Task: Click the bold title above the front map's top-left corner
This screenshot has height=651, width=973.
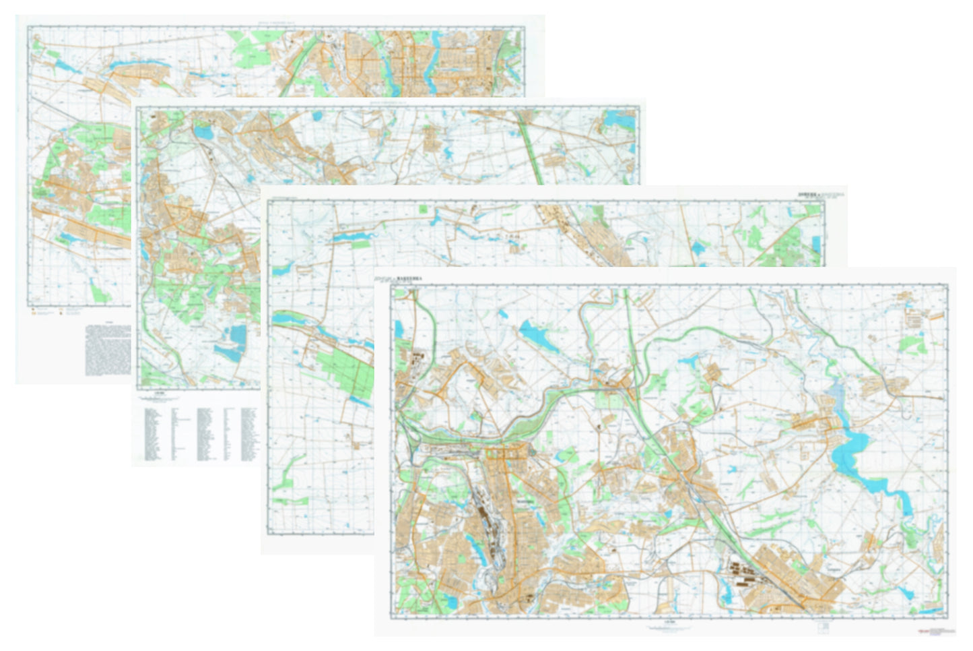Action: (x=417, y=275)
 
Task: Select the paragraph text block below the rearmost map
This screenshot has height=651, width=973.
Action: (x=108, y=348)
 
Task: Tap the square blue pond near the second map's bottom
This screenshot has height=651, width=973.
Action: (x=238, y=334)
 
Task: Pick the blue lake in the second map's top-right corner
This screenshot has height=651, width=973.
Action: (x=619, y=119)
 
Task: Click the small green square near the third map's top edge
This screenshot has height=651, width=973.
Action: (x=424, y=209)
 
